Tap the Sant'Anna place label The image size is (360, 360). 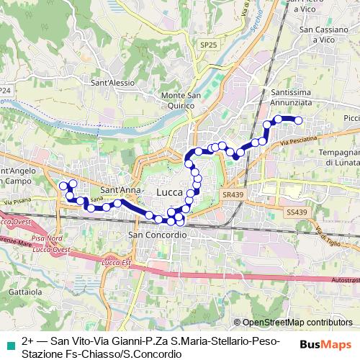click(119, 190)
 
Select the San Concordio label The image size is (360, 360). click(157, 235)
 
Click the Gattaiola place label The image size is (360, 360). click(24, 293)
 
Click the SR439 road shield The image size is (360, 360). click(233, 194)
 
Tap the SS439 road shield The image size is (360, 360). click(295, 212)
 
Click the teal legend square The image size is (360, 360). click(9, 341)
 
